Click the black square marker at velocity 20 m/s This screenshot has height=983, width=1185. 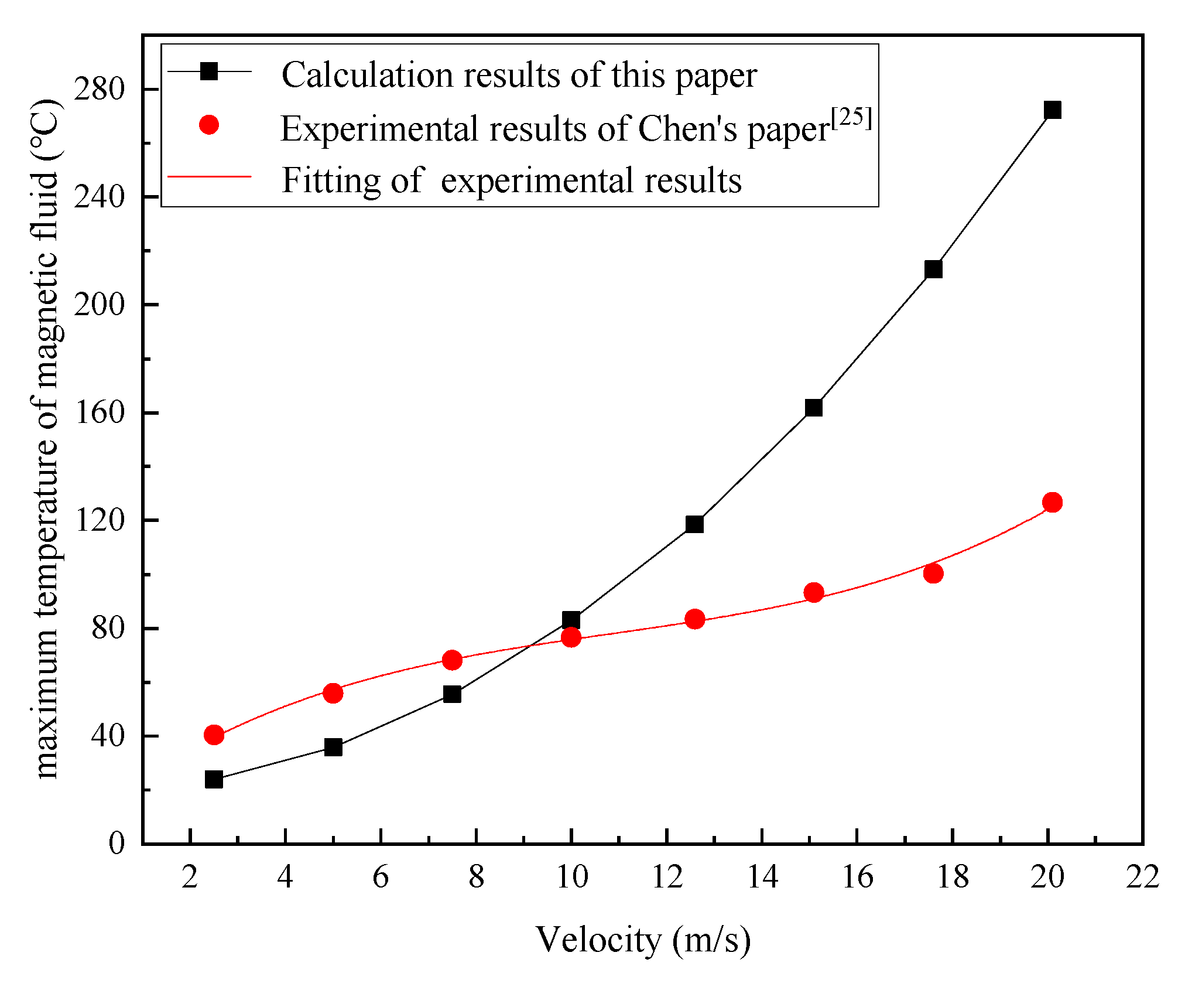coord(1052,110)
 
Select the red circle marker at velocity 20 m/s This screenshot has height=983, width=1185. coord(1052,502)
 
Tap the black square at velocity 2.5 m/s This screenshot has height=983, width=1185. coord(214,779)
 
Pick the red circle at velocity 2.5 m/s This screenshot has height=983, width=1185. coord(214,735)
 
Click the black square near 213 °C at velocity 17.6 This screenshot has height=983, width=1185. coord(933,269)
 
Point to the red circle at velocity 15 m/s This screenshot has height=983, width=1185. coord(814,593)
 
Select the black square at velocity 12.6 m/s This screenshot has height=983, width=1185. coord(694,524)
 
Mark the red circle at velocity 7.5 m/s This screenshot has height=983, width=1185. coord(452,660)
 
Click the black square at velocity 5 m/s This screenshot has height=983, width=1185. coord(333,747)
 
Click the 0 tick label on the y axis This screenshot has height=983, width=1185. coord(117,844)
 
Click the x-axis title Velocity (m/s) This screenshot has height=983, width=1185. coord(643,940)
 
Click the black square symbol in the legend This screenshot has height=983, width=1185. coord(209,71)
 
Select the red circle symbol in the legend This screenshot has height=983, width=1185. coord(209,125)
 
